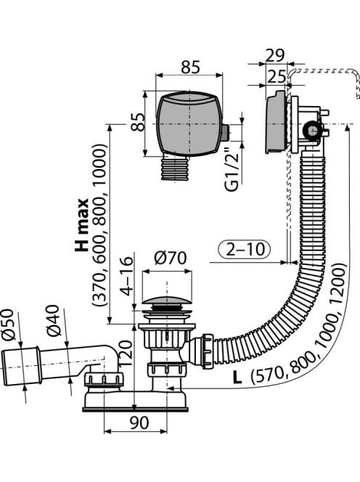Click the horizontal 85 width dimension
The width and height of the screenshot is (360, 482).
tap(191, 67)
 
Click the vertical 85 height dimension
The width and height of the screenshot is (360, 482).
tap(139, 122)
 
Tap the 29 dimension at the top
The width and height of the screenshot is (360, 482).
tap(275, 55)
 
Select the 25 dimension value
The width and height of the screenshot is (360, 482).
tap(276, 76)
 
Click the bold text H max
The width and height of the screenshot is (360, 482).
tap(81, 225)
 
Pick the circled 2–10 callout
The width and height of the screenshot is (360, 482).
tap(245, 249)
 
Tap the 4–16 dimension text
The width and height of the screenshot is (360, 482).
tap(127, 276)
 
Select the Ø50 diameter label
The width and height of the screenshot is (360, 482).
tap(9, 324)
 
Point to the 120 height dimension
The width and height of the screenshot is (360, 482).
tap(126, 353)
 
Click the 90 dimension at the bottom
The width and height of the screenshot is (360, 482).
tap(139, 422)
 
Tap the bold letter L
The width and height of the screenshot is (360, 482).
tap(237, 377)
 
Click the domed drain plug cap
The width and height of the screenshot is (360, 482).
tap(168, 300)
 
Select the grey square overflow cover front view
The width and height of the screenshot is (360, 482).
tap(188, 123)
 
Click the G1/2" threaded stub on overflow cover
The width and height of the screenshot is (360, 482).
tap(225, 133)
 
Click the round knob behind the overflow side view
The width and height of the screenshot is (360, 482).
tap(311, 130)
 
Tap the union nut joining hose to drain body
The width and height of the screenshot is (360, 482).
tap(207, 351)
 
